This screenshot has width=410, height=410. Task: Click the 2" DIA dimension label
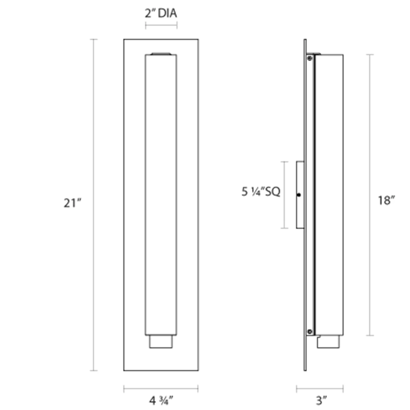point(161,13)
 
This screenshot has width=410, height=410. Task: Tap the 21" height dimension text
point(72,203)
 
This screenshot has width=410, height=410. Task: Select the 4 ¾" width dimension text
point(161,400)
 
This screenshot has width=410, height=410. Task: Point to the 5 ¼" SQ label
point(261,192)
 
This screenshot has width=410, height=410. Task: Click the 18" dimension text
point(386,200)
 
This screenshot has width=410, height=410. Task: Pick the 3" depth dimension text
point(321,400)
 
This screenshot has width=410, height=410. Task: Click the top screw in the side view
point(310,58)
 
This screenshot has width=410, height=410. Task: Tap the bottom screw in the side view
point(310,332)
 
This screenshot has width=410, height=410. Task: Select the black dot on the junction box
point(299,195)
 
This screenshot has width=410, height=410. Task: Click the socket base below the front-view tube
point(161,341)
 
